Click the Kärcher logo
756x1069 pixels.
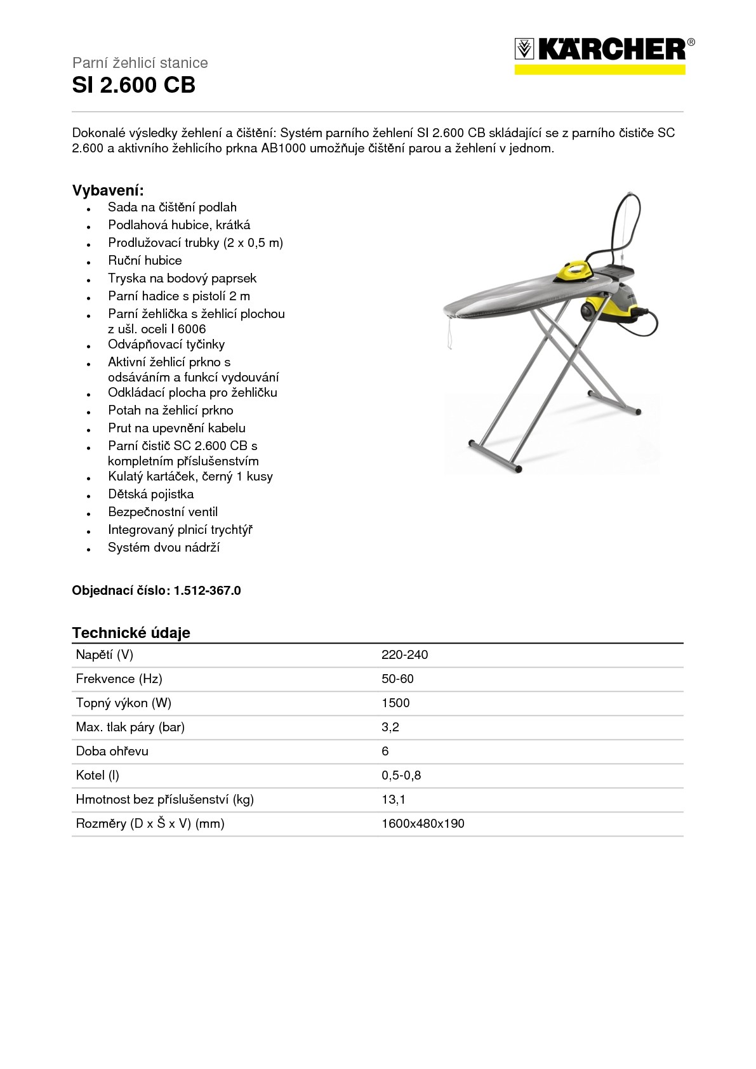tap(604, 54)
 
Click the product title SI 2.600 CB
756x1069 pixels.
tap(134, 85)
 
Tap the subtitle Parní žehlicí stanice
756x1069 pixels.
tap(140, 63)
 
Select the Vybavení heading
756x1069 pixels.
tap(108, 190)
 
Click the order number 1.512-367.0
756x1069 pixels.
tap(207, 590)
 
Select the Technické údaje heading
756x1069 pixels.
tap(131, 632)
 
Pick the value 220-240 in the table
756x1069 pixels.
tap(404, 654)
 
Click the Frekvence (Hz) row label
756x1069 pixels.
tap(119, 679)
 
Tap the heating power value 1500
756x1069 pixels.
tap(395, 703)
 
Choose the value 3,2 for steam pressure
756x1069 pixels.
tap(390, 727)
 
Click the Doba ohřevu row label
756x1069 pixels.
tap(112, 751)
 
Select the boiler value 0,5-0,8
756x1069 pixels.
tap(401, 775)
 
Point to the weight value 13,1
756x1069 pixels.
tap(394, 799)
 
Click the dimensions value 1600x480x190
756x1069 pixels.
tap(423, 823)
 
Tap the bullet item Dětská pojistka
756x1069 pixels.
tap(150, 494)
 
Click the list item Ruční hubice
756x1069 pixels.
tap(145, 260)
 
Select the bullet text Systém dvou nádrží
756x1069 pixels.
tap(164, 547)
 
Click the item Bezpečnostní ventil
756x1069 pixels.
tap(162, 512)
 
